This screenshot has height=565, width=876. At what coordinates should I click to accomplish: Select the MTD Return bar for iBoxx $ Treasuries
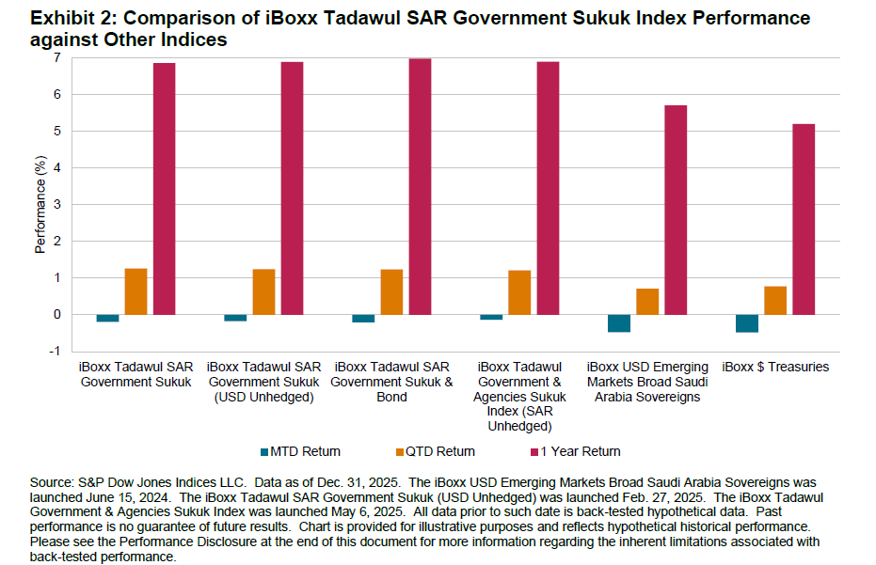click(x=747, y=323)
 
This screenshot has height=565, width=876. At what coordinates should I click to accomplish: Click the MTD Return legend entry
click(x=300, y=451)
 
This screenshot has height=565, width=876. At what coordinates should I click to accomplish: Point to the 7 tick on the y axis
click(x=56, y=58)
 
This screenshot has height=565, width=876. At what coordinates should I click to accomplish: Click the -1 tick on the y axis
click(x=55, y=352)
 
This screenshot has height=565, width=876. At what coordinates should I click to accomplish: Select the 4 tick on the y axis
click(x=56, y=168)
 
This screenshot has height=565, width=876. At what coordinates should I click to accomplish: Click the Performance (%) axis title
click(x=40, y=205)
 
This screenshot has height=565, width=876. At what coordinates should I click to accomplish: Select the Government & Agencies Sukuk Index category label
click(x=519, y=389)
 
